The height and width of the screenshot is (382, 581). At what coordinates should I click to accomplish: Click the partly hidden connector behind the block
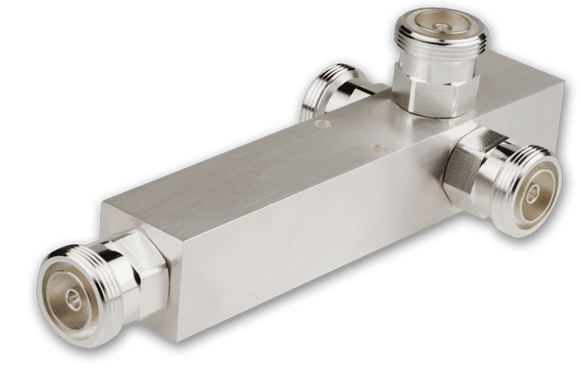click(x=332, y=95)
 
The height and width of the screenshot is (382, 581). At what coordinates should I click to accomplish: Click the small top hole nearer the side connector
click(x=379, y=147)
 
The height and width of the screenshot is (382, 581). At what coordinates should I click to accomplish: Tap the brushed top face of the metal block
click(x=274, y=157)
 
